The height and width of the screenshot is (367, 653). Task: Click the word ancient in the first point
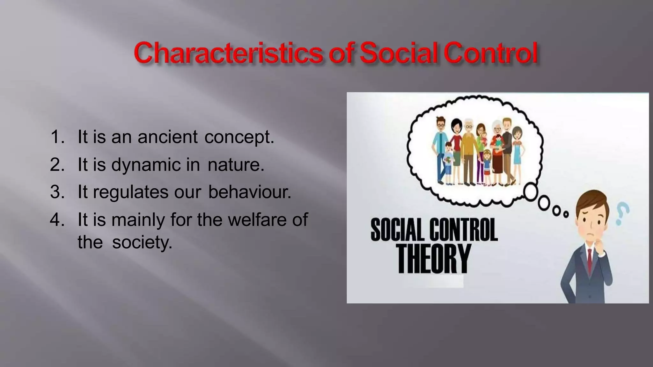point(168,137)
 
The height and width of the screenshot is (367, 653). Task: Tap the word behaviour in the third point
point(249,192)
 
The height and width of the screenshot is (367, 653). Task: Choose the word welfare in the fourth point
point(257,220)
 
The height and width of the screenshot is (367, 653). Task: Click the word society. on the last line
point(142,242)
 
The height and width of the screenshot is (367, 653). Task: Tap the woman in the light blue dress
point(517,153)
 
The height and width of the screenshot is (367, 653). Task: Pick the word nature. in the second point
point(236,165)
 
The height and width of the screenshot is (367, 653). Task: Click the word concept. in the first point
point(239,137)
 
